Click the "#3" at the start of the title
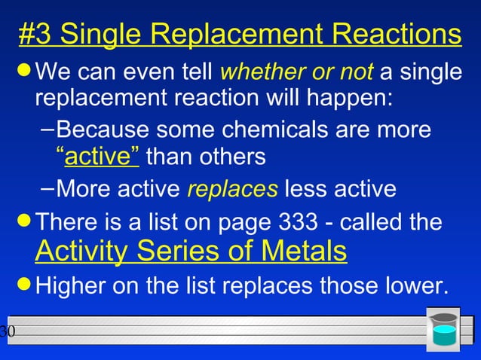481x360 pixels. pyautogui.click(x=35, y=34)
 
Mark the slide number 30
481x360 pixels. pyautogui.click(x=7, y=331)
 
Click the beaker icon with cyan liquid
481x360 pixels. pyautogui.click(x=444, y=329)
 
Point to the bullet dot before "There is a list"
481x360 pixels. pyautogui.click(x=25, y=221)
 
